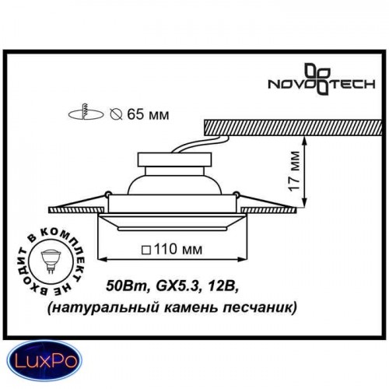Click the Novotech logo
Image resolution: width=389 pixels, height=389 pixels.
[321, 79]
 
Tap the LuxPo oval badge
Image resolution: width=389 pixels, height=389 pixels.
[44, 361]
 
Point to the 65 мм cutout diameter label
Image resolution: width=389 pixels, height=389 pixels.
[148, 114]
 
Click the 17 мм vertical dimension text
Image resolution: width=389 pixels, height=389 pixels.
[294, 171]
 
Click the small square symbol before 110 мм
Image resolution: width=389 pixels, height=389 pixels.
[146, 251]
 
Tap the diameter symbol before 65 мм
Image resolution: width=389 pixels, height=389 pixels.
[116, 114]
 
